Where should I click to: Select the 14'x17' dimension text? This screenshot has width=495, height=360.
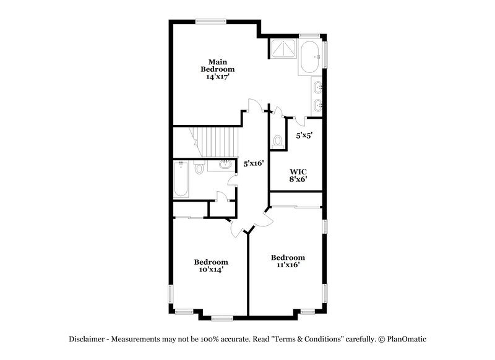coord(217,77)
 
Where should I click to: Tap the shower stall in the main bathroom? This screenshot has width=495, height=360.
coord(283,48)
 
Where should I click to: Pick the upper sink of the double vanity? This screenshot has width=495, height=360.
coord(317,87)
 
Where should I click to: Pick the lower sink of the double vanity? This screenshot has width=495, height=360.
coord(317,105)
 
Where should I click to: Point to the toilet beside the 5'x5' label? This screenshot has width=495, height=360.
coord(277,140)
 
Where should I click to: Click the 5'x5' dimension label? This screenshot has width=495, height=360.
coord(303,135)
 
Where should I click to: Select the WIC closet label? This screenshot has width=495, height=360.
coord(299,171)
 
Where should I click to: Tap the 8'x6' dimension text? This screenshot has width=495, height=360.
coord(299,179)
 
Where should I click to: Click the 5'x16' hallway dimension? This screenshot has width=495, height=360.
coord(254,164)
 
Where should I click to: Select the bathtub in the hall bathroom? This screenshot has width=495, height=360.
coord(181,179)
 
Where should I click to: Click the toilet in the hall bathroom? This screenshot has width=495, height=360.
coord(199,168)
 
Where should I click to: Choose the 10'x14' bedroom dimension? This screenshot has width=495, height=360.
coord(210,270)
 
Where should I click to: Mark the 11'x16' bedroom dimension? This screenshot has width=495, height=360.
coord(288,265)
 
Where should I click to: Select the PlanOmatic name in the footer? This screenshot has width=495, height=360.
coord(407,339)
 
